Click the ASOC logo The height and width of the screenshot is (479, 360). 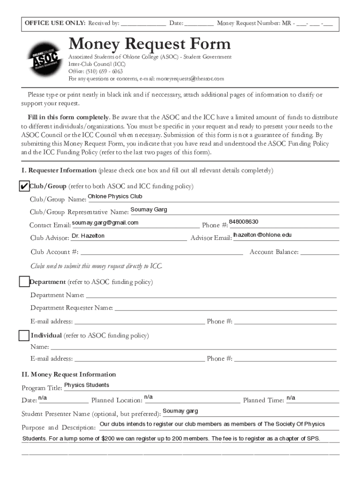[44, 59]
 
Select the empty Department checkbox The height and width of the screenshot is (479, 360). [24, 282]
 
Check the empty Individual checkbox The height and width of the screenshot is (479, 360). [24, 335]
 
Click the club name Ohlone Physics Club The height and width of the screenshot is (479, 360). [115, 196]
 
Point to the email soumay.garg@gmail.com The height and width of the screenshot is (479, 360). [105, 223]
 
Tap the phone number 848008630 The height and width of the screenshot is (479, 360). [244, 222]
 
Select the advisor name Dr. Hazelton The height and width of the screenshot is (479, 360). [88, 236]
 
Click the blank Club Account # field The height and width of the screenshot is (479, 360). [161, 252]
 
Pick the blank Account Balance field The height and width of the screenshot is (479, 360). [319, 252]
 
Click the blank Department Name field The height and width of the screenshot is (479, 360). [210, 295]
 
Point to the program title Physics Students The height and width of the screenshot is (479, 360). [86, 385]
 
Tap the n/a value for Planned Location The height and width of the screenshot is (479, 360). [149, 397]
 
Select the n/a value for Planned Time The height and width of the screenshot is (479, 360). [291, 398]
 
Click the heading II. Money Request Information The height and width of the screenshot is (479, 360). [69, 374]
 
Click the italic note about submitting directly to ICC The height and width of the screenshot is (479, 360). [96, 266]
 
